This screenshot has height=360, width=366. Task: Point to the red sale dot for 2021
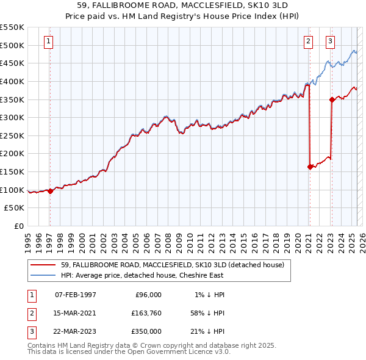(310, 166)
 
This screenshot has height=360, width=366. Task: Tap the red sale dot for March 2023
(332, 99)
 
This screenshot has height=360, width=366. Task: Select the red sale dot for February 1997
(50, 191)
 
